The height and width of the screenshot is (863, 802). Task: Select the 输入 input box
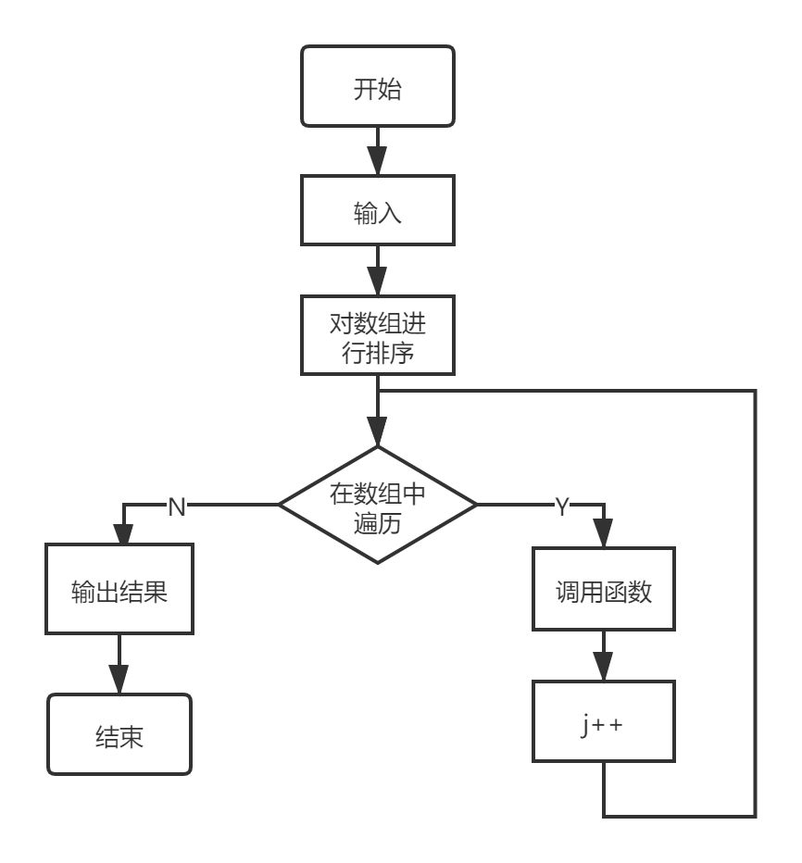(x=378, y=211)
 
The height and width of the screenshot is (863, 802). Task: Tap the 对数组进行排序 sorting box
(x=378, y=335)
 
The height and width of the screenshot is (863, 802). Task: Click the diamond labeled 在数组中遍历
(x=378, y=505)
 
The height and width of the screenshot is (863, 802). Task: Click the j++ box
(x=604, y=721)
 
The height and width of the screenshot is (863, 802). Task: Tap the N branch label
(x=177, y=507)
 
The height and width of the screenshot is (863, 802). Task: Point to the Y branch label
(x=562, y=507)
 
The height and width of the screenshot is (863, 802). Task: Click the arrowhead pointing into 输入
(x=378, y=163)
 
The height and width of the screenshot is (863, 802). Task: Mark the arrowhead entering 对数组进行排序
(x=378, y=282)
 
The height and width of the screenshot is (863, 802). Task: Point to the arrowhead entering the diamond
(x=378, y=433)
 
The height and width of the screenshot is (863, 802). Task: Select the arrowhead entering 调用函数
(x=604, y=535)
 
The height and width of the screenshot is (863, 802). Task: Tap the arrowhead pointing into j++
(x=604, y=668)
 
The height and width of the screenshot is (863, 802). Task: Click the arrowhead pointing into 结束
(x=119, y=681)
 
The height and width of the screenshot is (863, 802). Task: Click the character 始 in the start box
(x=390, y=90)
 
